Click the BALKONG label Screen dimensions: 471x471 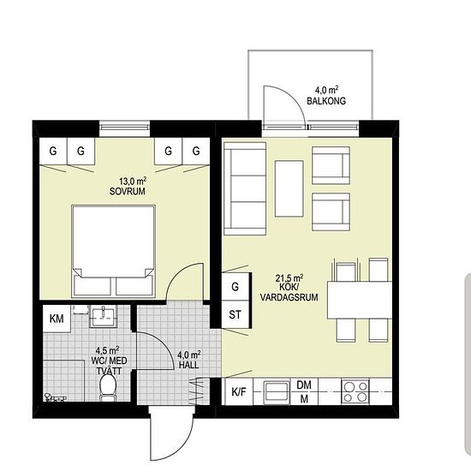click(x=326, y=101)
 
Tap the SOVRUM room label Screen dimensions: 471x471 click(x=128, y=191)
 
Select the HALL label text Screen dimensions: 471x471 click(x=188, y=365)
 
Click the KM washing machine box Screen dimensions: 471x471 click(x=57, y=319)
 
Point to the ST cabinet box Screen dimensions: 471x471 click(x=235, y=314)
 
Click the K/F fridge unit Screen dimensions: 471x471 click(x=239, y=391)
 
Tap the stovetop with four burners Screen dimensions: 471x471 click(x=355, y=391)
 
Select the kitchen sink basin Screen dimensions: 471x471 click(x=277, y=392)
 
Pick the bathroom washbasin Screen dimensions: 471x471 click(x=104, y=316)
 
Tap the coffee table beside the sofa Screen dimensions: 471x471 click(x=289, y=188)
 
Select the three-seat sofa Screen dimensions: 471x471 click(x=245, y=188)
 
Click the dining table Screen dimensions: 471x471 click(x=360, y=300)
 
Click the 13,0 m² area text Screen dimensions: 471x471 click(x=133, y=182)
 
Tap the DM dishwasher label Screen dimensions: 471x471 click(x=304, y=385)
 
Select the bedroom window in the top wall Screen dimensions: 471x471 click(x=124, y=128)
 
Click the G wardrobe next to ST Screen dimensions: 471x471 click(x=235, y=287)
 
